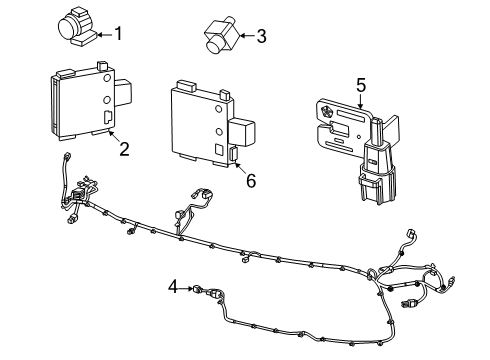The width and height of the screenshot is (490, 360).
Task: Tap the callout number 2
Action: (123, 150)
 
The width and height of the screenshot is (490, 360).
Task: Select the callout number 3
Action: (261, 37)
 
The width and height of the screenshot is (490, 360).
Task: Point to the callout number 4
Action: (172, 287)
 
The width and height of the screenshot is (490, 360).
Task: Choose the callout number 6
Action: (251, 182)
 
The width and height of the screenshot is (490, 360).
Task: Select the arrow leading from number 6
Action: (241, 169)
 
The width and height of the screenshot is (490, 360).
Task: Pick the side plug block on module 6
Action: (242, 134)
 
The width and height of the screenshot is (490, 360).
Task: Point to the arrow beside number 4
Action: (185, 288)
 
